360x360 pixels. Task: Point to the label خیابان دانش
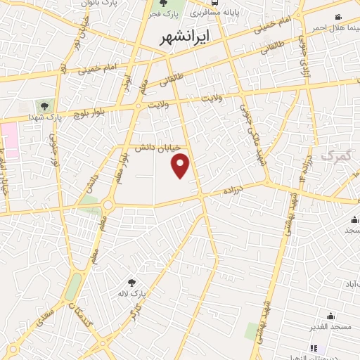tap(158, 148)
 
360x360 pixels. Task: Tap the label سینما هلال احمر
tap(333, 27)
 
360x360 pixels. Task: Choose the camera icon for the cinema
tap(338, 17)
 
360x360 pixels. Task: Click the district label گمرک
tap(335, 154)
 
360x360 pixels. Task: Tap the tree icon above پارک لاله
tap(131, 282)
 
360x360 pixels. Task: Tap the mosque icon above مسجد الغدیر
tap(330, 316)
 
